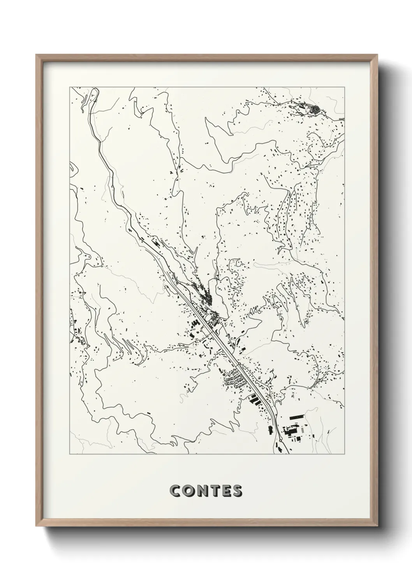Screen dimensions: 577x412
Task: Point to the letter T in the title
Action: [215, 491]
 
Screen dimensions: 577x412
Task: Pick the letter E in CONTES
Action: [225, 491]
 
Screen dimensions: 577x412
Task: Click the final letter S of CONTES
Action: [237, 491]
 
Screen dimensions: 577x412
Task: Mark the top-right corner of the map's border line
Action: [344, 87]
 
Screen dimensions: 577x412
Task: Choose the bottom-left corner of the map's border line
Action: [70, 455]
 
